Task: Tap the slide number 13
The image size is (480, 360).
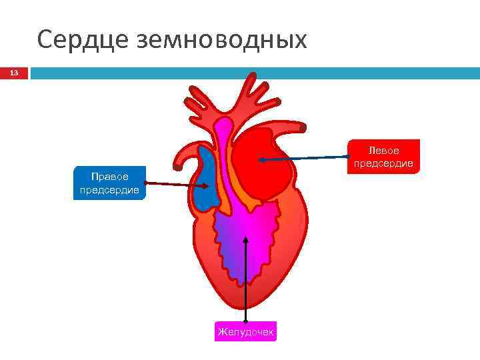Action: pyautogui.click(x=14, y=73)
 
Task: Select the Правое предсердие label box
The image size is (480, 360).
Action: pyautogui.click(x=109, y=183)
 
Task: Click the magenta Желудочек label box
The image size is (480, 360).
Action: pyautogui.click(x=245, y=331)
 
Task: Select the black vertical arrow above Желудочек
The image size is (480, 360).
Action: pyautogui.click(x=247, y=280)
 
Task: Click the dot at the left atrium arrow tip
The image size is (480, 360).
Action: pyautogui.click(x=262, y=160)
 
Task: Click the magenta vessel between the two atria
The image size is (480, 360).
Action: pyautogui.click(x=223, y=153)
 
